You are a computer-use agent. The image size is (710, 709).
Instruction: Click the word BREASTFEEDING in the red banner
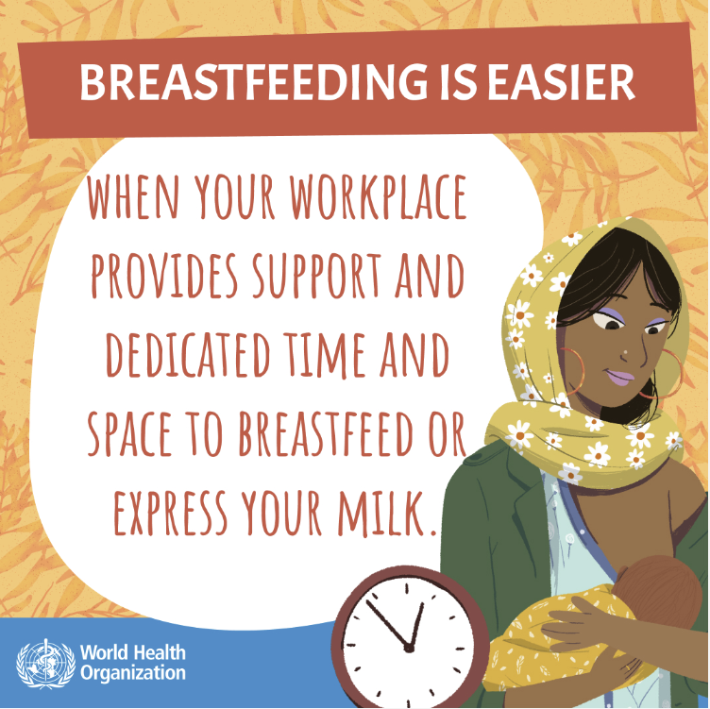[x=253, y=83]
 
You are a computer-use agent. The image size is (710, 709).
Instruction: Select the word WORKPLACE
[x=379, y=197]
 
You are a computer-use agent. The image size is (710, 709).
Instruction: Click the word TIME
[x=325, y=355]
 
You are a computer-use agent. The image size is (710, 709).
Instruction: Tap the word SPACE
[x=130, y=433]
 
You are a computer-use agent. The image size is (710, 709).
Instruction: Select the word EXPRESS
[x=171, y=513]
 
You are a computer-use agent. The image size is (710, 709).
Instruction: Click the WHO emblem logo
[x=45, y=664]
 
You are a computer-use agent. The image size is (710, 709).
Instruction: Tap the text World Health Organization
[x=133, y=663]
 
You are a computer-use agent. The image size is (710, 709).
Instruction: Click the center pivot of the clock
[x=409, y=649]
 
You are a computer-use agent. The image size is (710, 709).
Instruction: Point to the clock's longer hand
[x=388, y=624]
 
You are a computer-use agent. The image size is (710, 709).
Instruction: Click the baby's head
[x=656, y=591]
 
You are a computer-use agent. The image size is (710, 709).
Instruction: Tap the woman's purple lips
[x=620, y=377]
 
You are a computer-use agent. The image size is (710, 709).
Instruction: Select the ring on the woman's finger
[x=628, y=667]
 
